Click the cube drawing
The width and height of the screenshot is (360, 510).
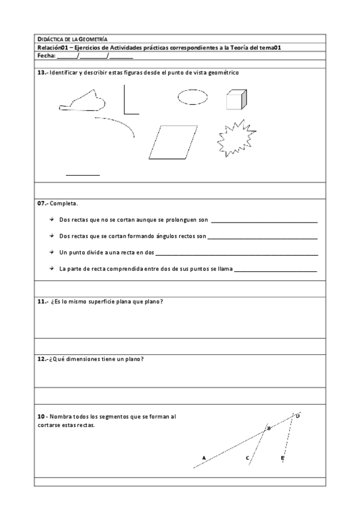[236, 100]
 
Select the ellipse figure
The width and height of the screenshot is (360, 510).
[193, 96]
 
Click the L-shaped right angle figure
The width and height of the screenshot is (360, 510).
[129, 101]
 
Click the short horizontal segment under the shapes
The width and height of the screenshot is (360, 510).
[82, 175]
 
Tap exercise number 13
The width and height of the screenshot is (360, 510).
[42, 72]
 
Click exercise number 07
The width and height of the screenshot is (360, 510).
[42, 203]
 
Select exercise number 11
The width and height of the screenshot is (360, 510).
[42, 301]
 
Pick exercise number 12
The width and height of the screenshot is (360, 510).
[42, 360]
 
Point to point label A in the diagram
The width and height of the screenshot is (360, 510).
[204, 458]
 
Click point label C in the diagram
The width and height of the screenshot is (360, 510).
[248, 458]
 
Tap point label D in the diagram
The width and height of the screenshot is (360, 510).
[298, 416]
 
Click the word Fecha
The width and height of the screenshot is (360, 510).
[46, 55]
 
